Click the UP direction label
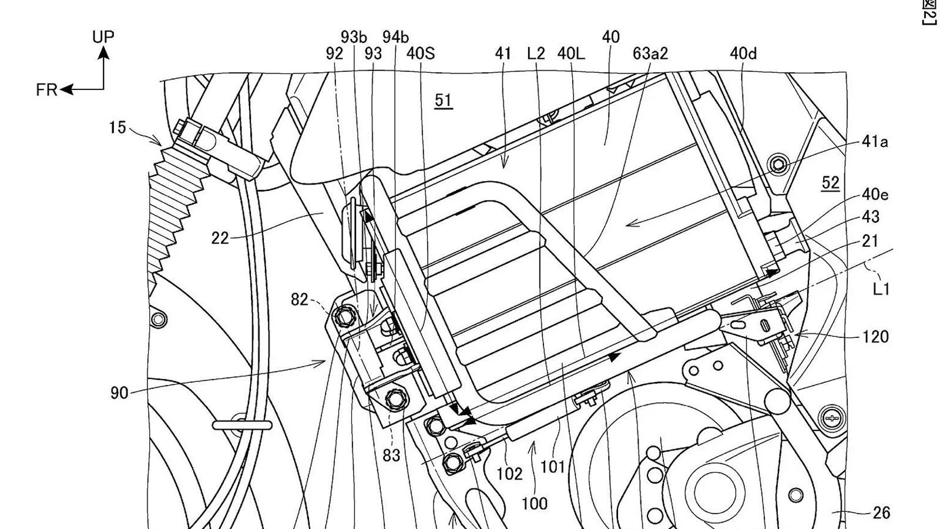pos(103,36)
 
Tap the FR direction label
pos(46,90)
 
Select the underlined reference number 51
pos(444,101)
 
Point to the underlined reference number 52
pos(830,183)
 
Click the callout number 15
pos(117,127)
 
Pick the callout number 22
pos(220,238)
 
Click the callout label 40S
pos(421,53)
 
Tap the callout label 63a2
pos(650,53)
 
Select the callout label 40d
pos(743,53)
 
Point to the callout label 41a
pos(875,142)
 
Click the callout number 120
pos(875,337)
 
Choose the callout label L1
pos(882,289)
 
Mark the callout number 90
pos(119,393)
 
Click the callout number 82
pos(300,299)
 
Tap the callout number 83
pos(391,455)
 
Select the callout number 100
pos(534,503)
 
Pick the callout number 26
pos(881,513)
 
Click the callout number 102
pos(509,474)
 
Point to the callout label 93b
pos(354,37)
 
